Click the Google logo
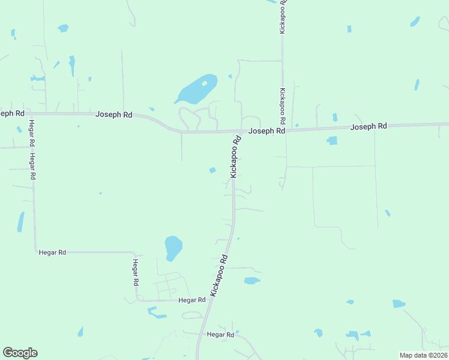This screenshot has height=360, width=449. (20, 353)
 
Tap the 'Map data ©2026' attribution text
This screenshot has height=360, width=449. (423, 355)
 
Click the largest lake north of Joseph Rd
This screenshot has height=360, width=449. (193, 91)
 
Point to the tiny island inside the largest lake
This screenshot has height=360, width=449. (205, 83)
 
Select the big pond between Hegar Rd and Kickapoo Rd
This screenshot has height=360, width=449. (173, 247)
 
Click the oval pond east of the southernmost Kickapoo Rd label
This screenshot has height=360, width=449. (252, 280)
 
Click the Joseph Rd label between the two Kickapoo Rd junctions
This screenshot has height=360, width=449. (267, 130)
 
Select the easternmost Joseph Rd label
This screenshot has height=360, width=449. (369, 127)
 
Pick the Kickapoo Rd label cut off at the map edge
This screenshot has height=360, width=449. (283, 16)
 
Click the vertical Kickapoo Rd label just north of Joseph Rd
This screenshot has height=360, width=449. (283, 106)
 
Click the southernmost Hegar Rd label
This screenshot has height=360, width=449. (220, 334)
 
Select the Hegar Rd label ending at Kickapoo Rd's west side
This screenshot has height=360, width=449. (192, 299)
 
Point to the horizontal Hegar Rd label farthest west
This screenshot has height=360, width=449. (52, 253)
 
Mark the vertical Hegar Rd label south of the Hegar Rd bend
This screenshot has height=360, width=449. (136, 274)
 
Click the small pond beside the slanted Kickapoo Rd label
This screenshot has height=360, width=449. (212, 170)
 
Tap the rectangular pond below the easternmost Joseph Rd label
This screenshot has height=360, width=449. (332, 140)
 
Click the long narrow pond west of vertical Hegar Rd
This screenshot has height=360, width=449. (21, 221)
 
